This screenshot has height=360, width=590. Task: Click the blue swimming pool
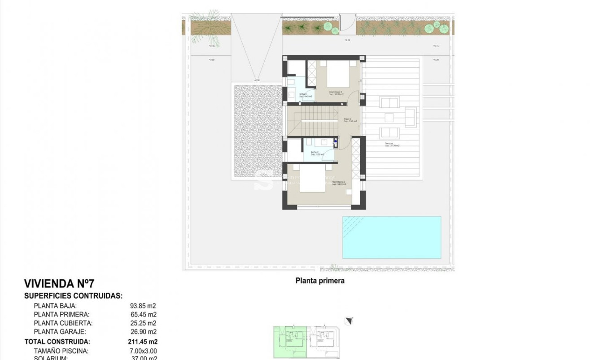click(391, 237)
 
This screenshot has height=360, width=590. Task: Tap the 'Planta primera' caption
click(320, 281)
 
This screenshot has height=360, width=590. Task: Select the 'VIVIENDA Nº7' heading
click(59, 284)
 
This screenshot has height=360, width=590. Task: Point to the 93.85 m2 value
click(143, 306)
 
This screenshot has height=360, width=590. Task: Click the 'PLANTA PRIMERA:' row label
click(61, 315)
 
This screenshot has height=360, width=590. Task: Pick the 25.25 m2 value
click(143, 323)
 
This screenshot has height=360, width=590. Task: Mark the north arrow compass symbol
click(349, 320)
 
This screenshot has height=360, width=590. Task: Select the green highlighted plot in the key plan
click(290, 342)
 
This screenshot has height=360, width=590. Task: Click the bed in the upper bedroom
click(338, 74)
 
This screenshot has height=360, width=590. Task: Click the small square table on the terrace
click(389, 118)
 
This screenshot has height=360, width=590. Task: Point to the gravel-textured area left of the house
click(258, 130)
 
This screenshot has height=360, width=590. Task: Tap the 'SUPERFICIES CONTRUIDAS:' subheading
click(73, 296)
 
